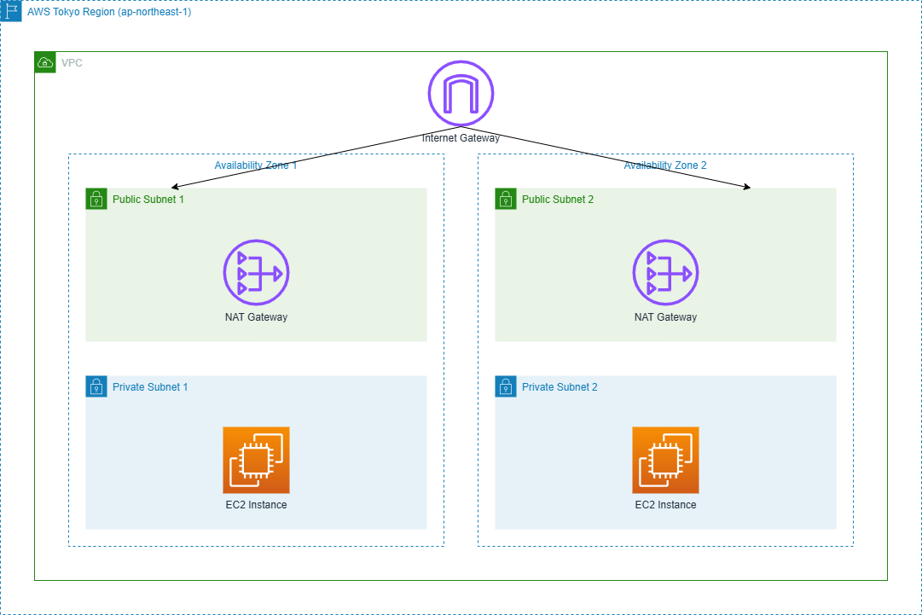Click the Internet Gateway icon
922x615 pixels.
click(x=461, y=93)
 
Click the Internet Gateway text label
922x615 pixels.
click(x=461, y=137)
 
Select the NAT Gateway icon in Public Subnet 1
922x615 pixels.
click(x=256, y=273)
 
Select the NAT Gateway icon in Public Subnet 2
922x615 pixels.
click(x=665, y=273)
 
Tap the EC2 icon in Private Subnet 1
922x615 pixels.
click(x=256, y=461)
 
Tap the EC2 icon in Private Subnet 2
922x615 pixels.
click(x=665, y=461)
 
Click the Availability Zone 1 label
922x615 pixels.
click(x=256, y=165)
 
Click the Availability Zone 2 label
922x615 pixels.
click(x=665, y=165)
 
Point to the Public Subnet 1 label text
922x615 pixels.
click(x=148, y=200)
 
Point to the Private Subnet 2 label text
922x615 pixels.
click(x=560, y=387)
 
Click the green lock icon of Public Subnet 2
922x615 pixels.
click(x=505, y=199)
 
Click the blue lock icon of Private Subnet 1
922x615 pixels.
click(x=96, y=386)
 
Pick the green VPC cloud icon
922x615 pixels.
click(x=44, y=62)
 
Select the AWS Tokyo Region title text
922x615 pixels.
click(x=109, y=12)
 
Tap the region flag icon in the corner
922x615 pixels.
click(x=10, y=11)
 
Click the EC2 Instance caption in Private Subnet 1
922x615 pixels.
click(x=256, y=505)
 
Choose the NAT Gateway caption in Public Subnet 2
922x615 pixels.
click(x=665, y=317)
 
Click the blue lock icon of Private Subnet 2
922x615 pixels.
click(x=505, y=386)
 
